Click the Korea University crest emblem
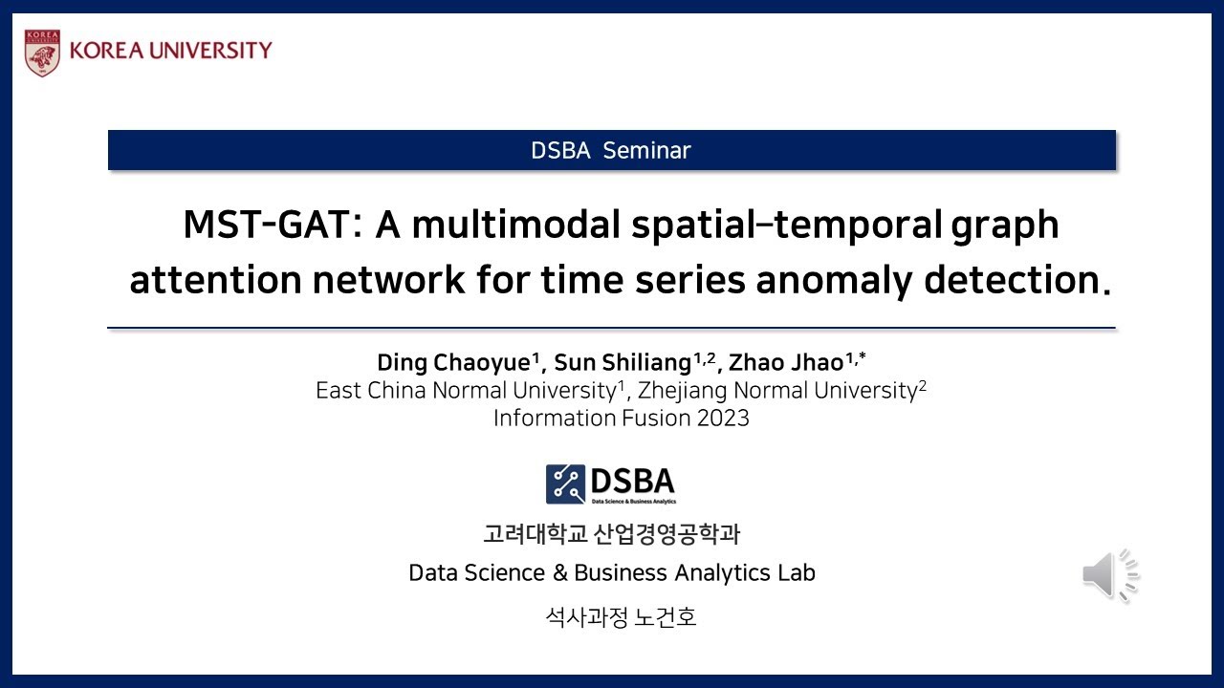click(x=43, y=53)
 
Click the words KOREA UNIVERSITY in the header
click(x=171, y=51)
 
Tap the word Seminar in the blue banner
click(x=647, y=150)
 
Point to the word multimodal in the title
click(x=515, y=225)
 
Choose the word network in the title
click(x=388, y=279)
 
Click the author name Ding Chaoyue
click(x=453, y=362)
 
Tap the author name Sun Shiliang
click(x=623, y=362)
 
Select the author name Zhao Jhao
click(x=786, y=362)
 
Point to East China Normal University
click(x=466, y=391)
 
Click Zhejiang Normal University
click(x=777, y=391)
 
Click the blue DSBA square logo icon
click(x=565, y=484)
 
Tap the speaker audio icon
click(x=1111, y=575)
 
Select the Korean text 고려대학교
click(x=535, y=533)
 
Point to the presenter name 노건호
click(x=666, y=617)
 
